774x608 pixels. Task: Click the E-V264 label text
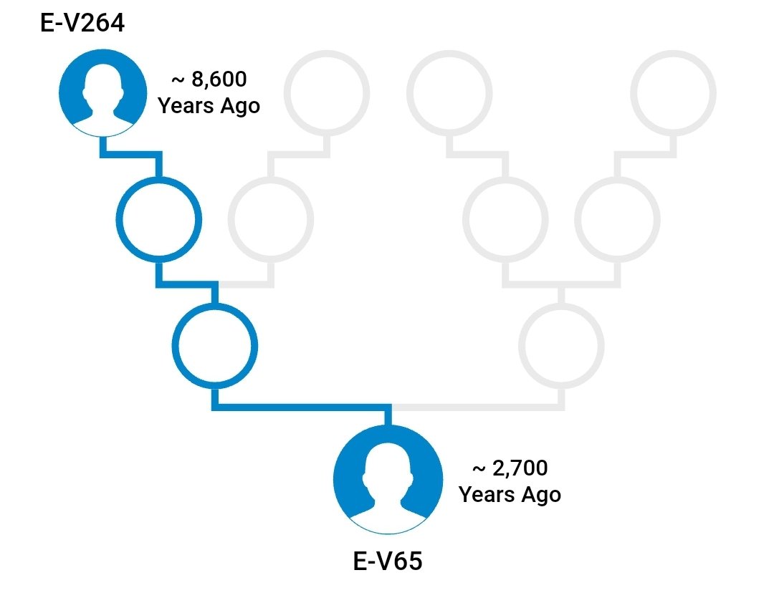coord(82,24)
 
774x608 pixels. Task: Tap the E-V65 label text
coord(388,561)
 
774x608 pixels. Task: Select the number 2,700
coord(520,468)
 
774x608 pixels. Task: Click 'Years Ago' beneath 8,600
coord(209,106)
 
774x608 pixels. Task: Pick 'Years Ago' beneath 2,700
coord(510,494)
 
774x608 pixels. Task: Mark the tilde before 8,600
coord(177,79)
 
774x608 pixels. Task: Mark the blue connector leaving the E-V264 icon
coord(129,153)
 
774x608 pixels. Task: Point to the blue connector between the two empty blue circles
coord(186,284)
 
